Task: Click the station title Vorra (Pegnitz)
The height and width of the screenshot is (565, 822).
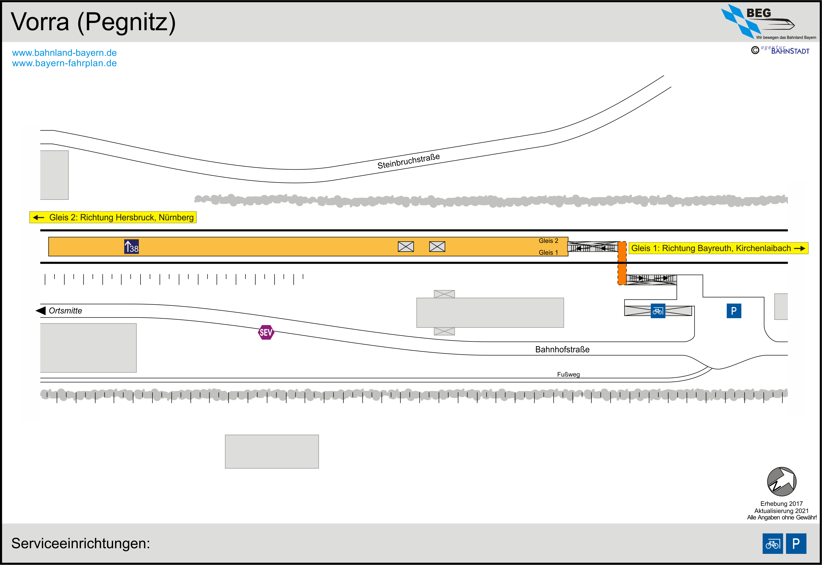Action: pos(93,22)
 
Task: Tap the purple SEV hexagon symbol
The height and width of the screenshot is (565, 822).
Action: pos(266,333)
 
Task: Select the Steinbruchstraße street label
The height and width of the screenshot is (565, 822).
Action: pos(409,161)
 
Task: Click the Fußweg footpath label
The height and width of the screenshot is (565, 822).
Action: pos(568,374)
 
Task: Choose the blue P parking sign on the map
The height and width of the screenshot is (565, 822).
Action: pos(734,311)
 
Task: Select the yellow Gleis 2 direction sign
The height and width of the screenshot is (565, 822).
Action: pos(113,217)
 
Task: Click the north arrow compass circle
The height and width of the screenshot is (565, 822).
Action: pos(781,482)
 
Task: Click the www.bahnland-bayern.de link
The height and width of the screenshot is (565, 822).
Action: pos(64,53)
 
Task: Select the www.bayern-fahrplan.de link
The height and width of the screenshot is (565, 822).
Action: pos(64,63)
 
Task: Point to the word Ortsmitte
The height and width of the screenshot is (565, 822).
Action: pos(65,310)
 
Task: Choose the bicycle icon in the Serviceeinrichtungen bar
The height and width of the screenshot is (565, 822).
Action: pos(773,543)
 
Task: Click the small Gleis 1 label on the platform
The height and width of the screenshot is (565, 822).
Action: pos(548,252)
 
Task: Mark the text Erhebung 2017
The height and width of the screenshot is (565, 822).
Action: pos(781,503)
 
